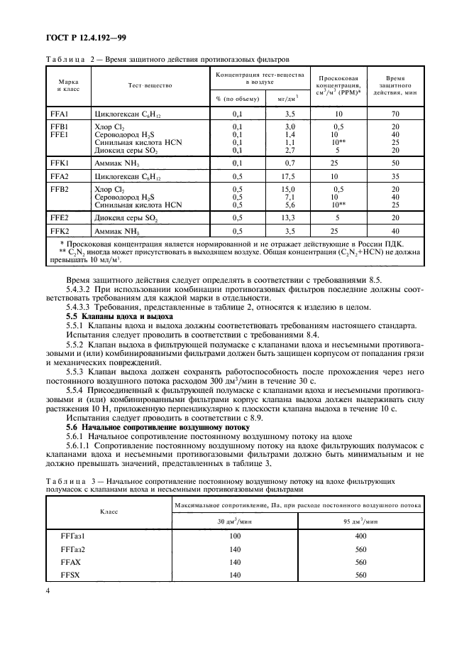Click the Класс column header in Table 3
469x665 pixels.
pyautogui.click(x=108, y=510)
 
